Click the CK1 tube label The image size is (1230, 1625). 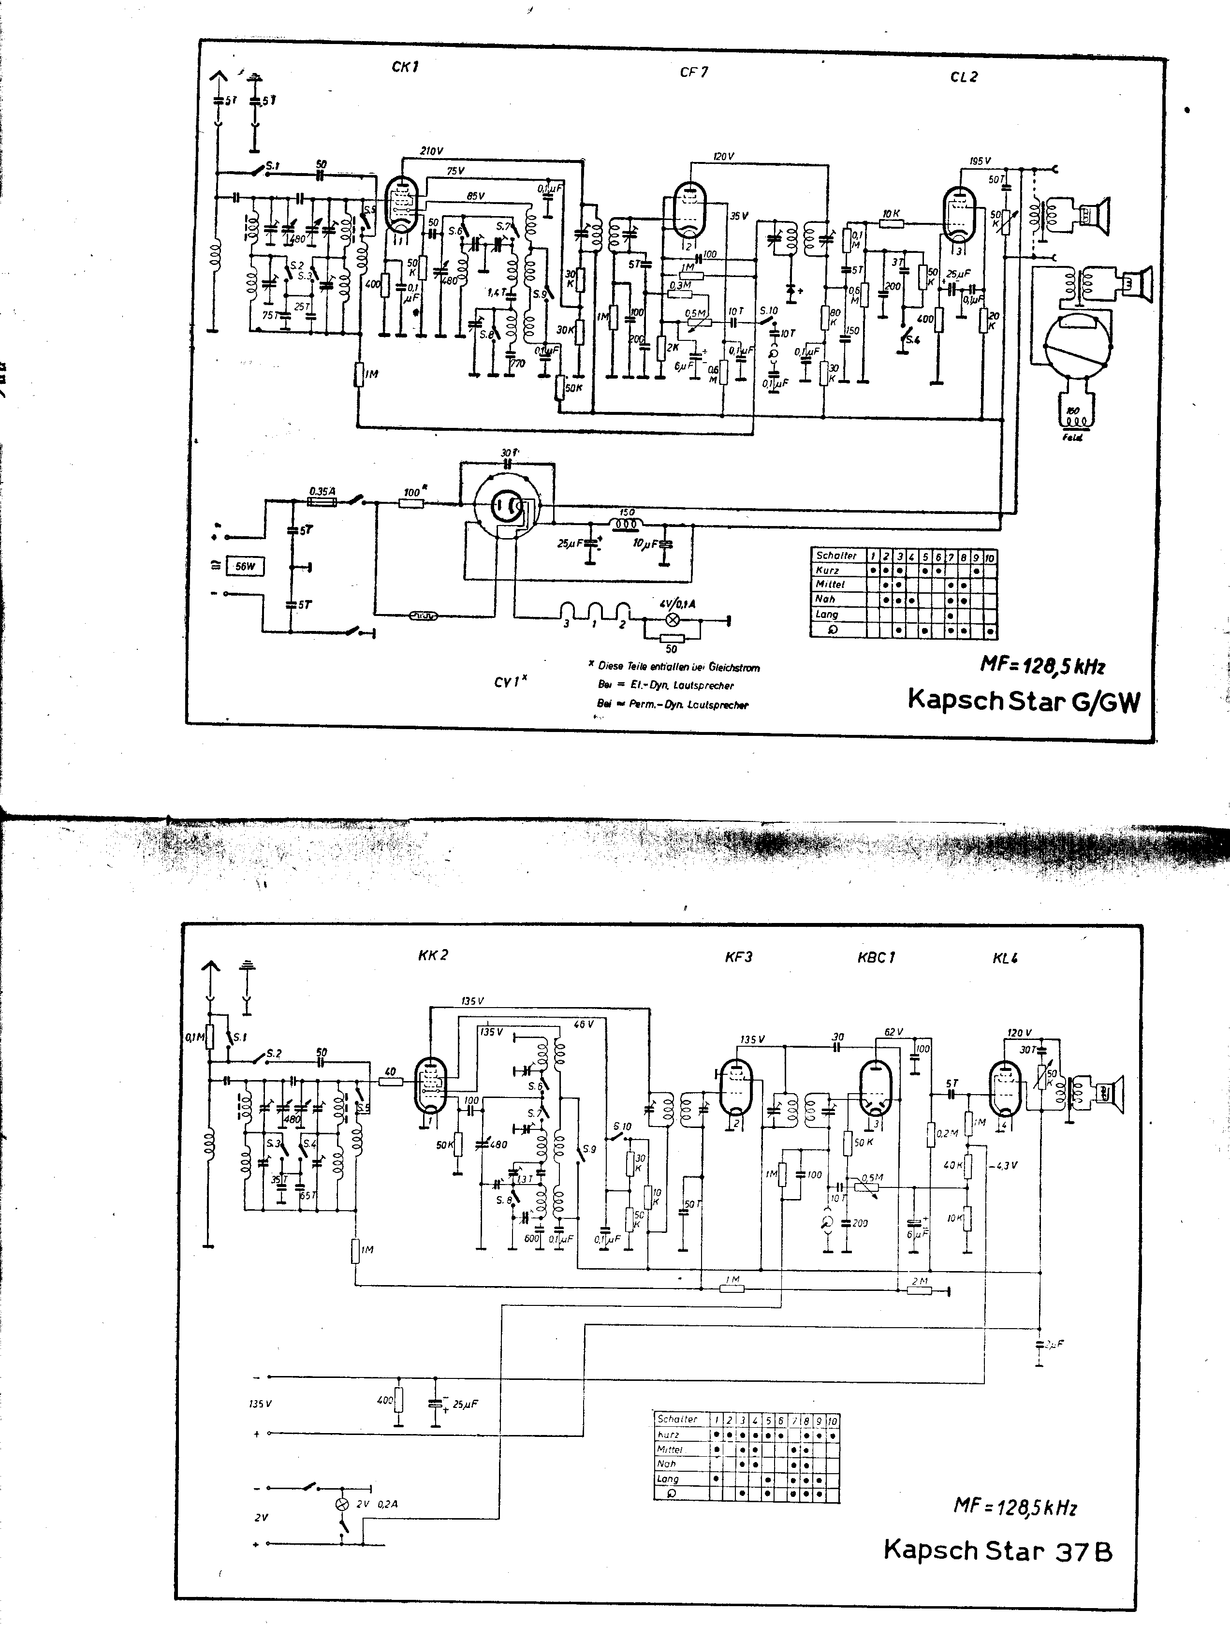pos(405,67)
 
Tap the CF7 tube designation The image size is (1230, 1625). pos(694,72)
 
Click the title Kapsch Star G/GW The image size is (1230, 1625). pos(1024,700)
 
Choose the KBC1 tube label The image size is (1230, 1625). pos(876,957)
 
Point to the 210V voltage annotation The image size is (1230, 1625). pos(431,150)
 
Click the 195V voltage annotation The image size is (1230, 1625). pos(980,161)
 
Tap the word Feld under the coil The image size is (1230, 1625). pos(1072,438)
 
